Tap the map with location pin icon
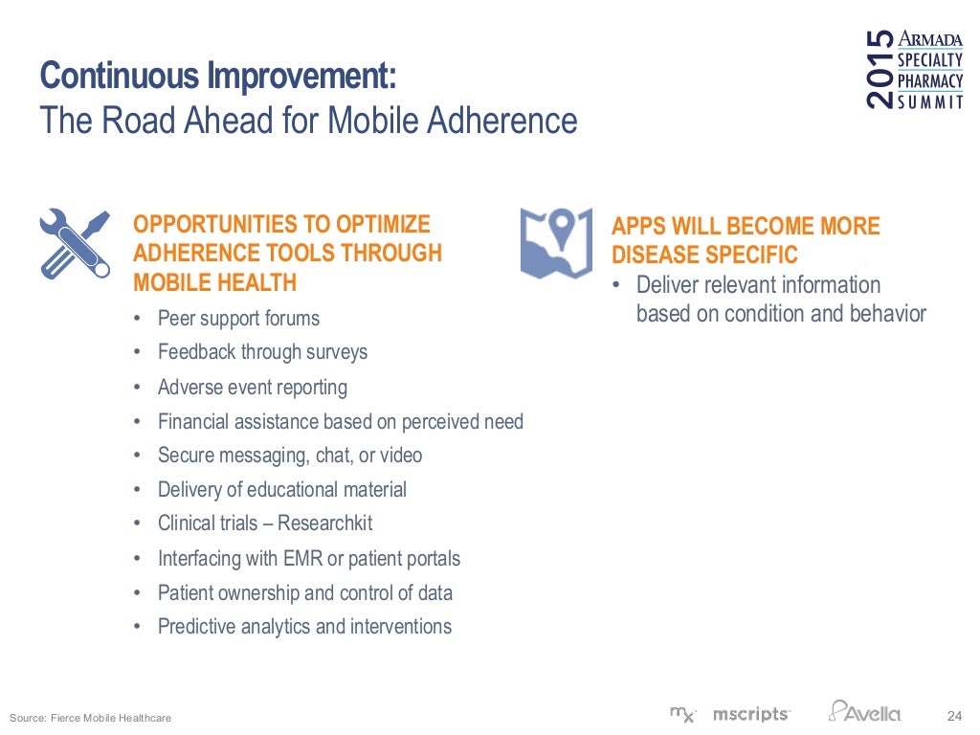coord(556,243)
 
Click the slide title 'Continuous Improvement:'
coord(216,75)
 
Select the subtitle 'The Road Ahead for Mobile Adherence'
coord(308,122)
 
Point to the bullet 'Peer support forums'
coord(238,319)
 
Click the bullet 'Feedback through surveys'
coord(262,352)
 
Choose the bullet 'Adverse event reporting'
coord(252,387)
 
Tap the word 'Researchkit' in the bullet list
coord(325,523)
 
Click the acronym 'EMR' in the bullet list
coord(303,558)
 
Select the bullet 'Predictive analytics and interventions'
coord(304,627)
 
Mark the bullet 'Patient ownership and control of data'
coord(304,592)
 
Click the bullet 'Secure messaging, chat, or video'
coord(289,456)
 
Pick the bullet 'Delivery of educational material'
coord(281,490)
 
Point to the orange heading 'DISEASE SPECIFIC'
coord(704,256)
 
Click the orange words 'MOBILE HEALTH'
coord(214,282)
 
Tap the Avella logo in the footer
coord(865,712)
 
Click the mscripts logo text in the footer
coord(751,714)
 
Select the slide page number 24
coord(953,715)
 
